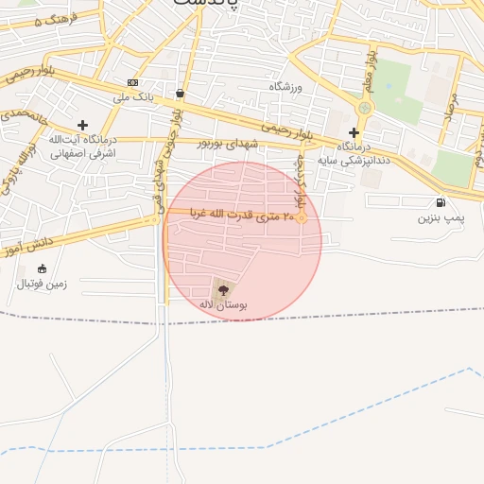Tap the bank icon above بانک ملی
coord(132,83)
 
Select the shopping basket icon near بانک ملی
coord(180,94)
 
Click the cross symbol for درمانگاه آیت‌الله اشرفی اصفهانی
coord(83,125)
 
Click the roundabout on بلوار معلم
coord(364,109)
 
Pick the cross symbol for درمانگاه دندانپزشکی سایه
coord(354,132)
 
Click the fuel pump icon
coord(441,203)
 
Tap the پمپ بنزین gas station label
coord(441,218)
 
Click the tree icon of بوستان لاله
coord(223,289)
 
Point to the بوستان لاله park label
coord(223,305)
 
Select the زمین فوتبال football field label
coord(37,283)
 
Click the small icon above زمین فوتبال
coord(42,268)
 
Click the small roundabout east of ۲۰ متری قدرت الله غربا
coord(302,219)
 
